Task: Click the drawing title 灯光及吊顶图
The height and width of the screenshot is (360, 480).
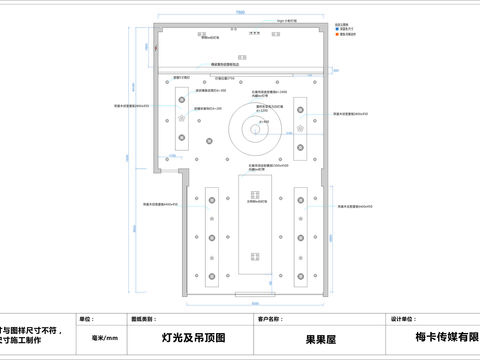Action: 193,338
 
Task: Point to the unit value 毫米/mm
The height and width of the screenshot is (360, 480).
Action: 105,338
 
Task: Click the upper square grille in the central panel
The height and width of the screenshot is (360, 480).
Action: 254,190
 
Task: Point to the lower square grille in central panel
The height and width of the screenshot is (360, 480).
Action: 254,254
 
